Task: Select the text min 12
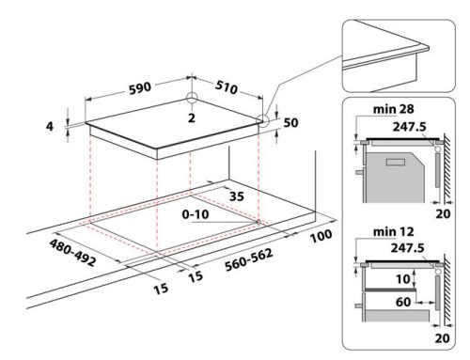click(x=376, y=234)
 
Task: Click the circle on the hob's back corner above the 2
click(x=191, y=99)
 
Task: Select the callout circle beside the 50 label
click(x=262, y=120)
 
